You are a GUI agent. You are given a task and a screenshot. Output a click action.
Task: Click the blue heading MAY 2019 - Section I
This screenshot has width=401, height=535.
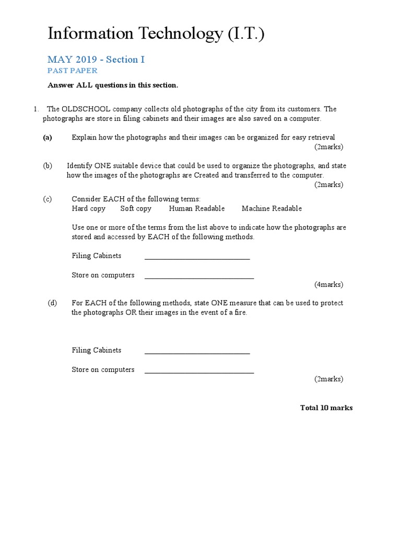coord(96,60)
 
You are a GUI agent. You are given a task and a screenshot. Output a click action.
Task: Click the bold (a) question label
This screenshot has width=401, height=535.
coord(48,137)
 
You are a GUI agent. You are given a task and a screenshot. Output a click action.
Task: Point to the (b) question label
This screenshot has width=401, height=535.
coord(48,166)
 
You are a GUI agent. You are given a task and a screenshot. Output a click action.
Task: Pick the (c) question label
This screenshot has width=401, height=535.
coord(48,199)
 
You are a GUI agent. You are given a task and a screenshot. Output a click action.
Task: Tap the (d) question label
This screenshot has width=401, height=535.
coord(52,303)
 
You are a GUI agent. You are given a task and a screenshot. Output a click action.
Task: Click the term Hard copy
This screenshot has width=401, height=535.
coord(88,208)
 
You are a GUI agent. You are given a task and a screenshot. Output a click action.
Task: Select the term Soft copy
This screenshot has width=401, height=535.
coord(136,208)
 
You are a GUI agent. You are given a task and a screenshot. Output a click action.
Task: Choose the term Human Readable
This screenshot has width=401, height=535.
coord(197,208)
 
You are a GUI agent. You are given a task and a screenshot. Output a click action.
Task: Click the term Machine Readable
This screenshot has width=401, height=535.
coord(272,208)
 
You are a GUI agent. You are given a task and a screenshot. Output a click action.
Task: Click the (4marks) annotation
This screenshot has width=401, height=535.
coord(328,285)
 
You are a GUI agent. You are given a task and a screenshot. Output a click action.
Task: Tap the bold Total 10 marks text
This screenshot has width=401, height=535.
coord(326,408)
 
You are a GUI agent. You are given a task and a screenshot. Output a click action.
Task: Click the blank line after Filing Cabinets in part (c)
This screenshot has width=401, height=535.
coord(197,257)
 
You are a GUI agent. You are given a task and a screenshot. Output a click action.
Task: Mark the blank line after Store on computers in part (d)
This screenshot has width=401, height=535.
coord(199,371)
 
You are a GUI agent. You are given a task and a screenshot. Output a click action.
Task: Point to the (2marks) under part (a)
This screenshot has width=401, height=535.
coord(328,147)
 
